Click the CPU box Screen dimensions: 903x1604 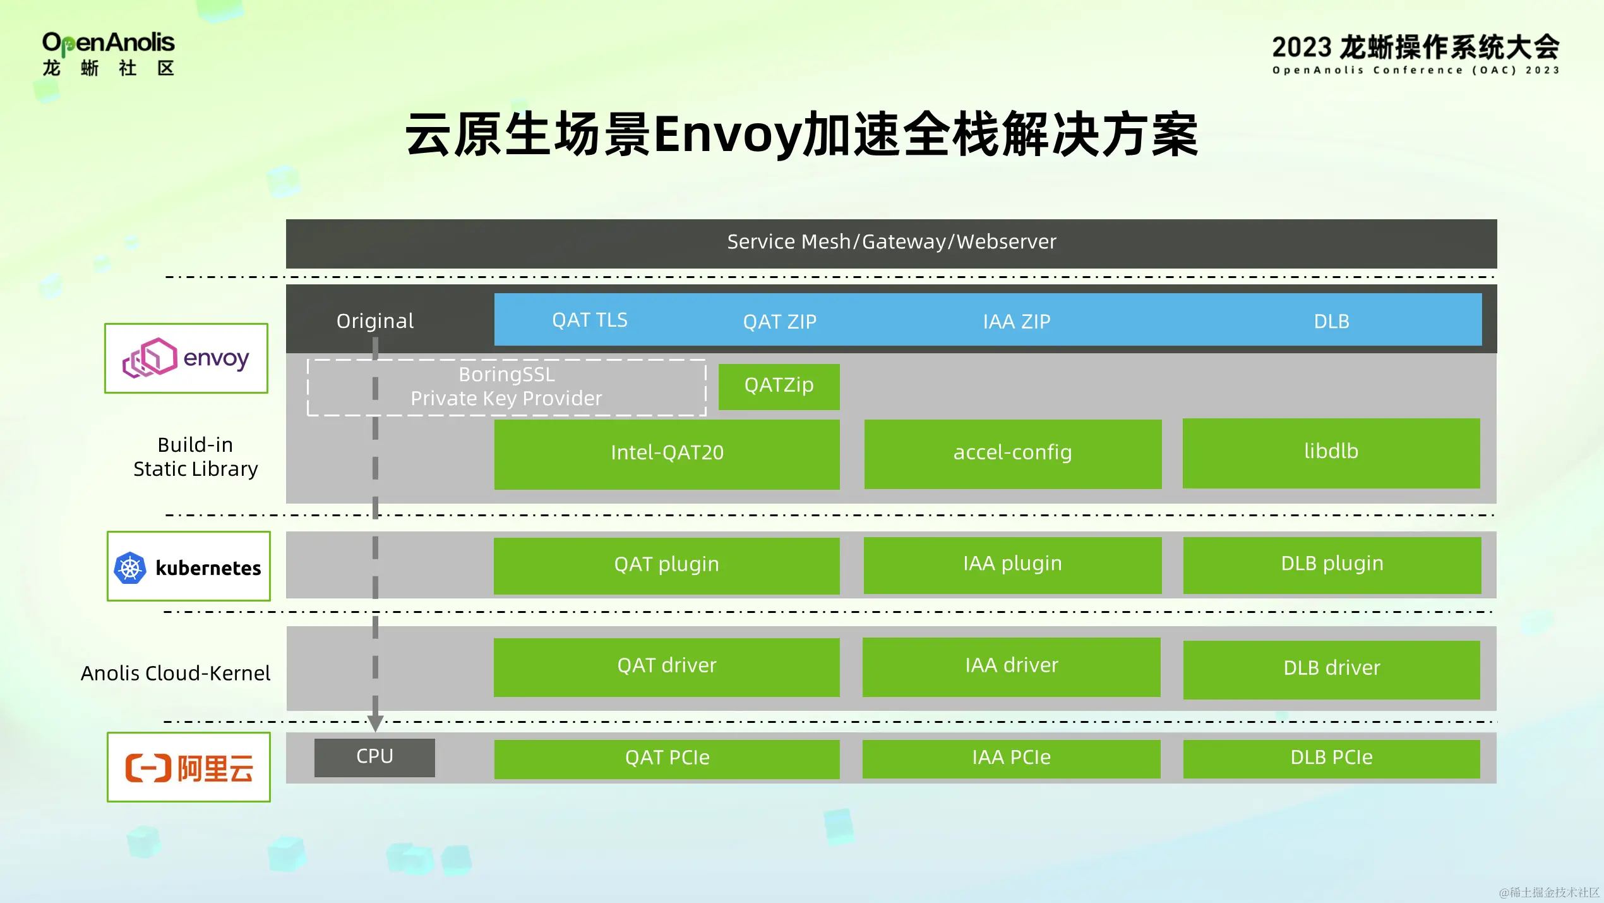pyautogui.click(x=374, y=757)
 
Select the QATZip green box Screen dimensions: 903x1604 pyautogui.click(x=779, y=386)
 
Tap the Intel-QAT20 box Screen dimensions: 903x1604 pyautogui.click(x=666, y=454)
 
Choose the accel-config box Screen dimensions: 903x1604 pyautogui.click(x=1012, y=454)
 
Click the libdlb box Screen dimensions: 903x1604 pyautogui.click(x=1331, y=452)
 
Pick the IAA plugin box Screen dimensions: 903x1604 pyautogui.click(x=1012, y=564)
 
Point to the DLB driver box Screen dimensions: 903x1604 pyautogui.click(x=1331, y=669)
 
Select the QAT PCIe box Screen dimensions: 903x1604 pyautogui.click(x=666, y=758)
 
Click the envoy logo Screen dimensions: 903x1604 pyautogui.click(x=186, y=358)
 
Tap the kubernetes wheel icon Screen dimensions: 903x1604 pyautogui.click(x=130, y=567)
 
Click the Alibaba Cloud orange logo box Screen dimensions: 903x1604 pyautogui.click(x=188, y=767)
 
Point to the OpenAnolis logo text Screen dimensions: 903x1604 pyautogui.click(x=108, y=43)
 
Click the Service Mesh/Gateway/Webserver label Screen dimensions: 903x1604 pyautogui.click(x=891, y=242)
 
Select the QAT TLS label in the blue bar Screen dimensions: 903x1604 pyautogui.click(x=589, y=320)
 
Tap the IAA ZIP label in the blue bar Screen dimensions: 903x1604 pyautogui.click(x=1016, y=322)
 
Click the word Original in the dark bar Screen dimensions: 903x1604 pyautogui.click(x=375, y=321)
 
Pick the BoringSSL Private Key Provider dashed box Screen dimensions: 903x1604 pyautogui.click(x=506, y=387)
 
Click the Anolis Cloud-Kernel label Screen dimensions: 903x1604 pyautogui.click(x=176, y=674)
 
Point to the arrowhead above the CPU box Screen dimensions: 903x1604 pyautogui.click(x=375, y=723)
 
